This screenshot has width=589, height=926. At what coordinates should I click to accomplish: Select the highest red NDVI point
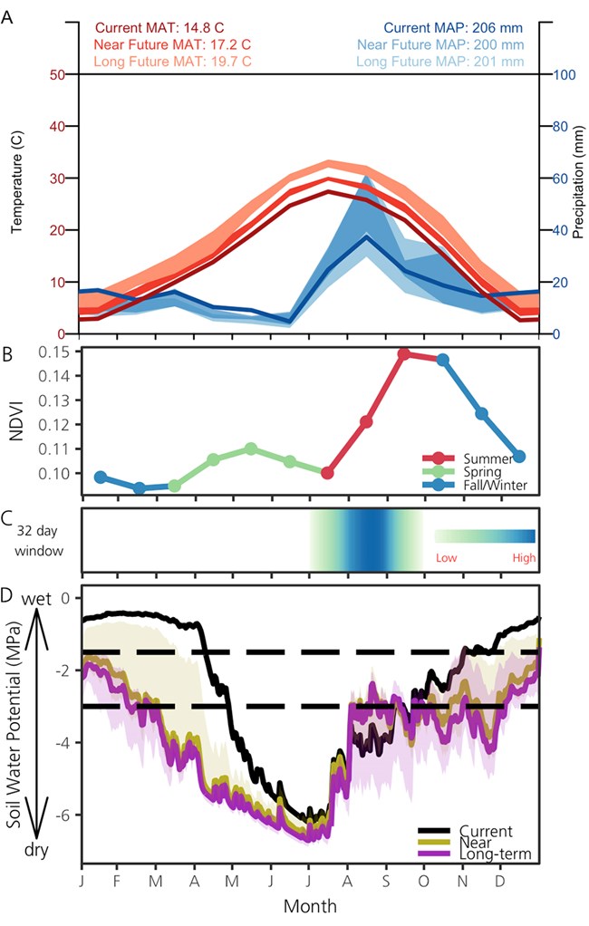click(x=404, y=353)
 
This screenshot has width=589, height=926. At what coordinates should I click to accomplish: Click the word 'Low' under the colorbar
click(x=446, y=558)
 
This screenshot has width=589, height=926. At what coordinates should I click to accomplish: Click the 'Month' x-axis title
click(x=312, y=904)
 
